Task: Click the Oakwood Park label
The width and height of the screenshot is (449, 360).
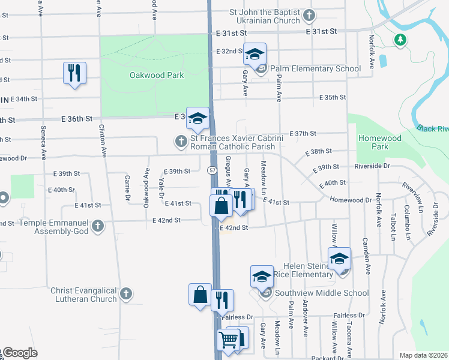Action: pyautogui.click(x=157, y=75)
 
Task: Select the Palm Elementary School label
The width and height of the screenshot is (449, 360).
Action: pyautogui.click(x=315, y=68)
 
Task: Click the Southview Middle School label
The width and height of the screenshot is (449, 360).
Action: pyautogui.click(x=321, y=293)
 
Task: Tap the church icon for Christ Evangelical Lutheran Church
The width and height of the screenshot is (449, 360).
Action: pyautogui.click(x=125, y=294)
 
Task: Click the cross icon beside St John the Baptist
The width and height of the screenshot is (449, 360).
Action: pyautogui.click(x=309, y=14)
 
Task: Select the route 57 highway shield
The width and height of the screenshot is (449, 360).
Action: pyautogui.click(x=213, y=170)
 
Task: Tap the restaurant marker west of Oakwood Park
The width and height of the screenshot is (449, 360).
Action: pyautogui.click(x=74, y=73)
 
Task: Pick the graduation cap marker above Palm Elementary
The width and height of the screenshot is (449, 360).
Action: pyautogui.click(x=255, y=54)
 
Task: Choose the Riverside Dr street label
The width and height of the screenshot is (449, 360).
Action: pyautogui.click(x=372, y=166)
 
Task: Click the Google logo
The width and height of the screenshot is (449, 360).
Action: pyautogui.click(x=20, y=353)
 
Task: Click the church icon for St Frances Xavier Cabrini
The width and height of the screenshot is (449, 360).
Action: pyautogui.click(x=180, y=142)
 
